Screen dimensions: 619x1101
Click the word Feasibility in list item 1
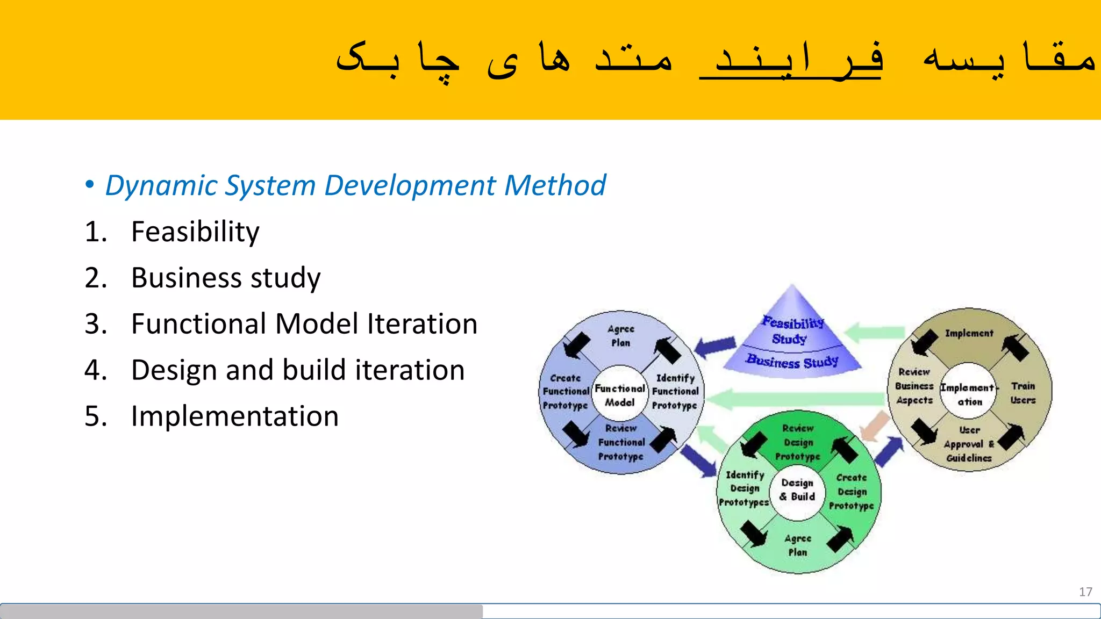point(195,232)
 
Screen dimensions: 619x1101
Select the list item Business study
point(225,278)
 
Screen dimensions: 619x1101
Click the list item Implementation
point(234,416)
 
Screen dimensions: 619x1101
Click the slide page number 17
point(1085,592)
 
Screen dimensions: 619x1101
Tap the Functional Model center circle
point(619,395)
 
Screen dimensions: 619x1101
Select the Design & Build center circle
point(797,490)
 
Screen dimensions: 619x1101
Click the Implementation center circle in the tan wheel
point(969,394)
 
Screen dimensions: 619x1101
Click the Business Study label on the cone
point(792,362)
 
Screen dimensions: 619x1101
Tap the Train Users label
point(1023,393)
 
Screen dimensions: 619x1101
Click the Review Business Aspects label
point(914,386)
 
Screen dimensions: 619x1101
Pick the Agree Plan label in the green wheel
point(797,545)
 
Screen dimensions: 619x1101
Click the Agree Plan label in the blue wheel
point(620,336)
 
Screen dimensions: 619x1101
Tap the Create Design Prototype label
point(852,492)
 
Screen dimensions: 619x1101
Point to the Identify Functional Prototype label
point(675,392)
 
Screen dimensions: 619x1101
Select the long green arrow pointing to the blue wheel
point(796,399)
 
